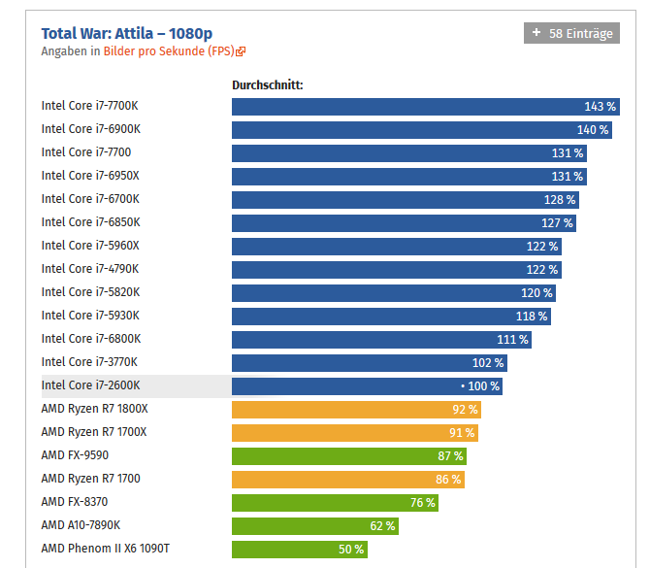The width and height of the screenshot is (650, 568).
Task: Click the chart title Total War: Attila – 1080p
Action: pos(127,33)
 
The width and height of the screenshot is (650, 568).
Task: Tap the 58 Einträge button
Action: pos(570,33)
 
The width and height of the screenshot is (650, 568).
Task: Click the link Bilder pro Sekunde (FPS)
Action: pos(170,51)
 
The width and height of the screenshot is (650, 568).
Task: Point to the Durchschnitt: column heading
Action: pos(268,84)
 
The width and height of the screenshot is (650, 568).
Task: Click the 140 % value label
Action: pos(592,129)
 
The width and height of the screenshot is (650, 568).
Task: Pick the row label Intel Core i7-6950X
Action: pos(90,176)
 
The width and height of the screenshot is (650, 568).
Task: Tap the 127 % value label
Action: pos(557,222)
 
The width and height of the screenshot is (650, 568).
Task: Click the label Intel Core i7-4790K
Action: pos(90,269)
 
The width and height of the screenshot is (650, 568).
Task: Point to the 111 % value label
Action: pos(512,339)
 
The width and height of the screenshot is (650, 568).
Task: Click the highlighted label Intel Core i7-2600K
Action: pos(91,385)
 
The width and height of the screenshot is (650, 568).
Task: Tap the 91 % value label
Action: pos(462,432)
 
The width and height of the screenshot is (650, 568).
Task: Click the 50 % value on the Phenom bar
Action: pos(351,549)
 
